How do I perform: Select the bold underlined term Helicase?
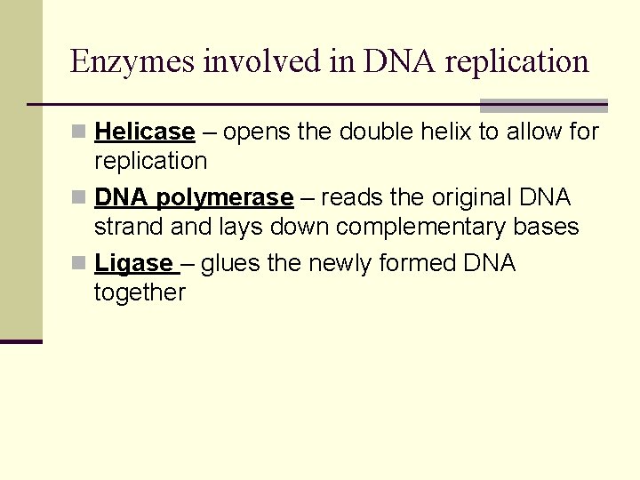(144, 132)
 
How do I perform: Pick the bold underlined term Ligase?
(133, 263)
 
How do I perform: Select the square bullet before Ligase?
(80, 264)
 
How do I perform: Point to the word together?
(140, 292)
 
